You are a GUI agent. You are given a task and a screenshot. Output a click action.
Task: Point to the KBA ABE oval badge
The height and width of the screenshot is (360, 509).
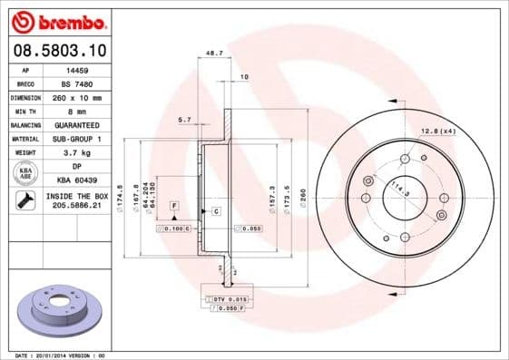point(25,173)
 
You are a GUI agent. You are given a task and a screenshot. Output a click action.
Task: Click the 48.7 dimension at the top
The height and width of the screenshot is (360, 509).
point(215,54)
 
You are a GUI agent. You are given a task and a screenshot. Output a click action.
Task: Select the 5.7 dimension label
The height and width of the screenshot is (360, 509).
point(184,119)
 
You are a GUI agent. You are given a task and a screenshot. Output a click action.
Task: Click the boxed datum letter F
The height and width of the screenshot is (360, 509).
point(172,207)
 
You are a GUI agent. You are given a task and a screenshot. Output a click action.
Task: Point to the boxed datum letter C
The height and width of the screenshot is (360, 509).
point(217,211)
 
